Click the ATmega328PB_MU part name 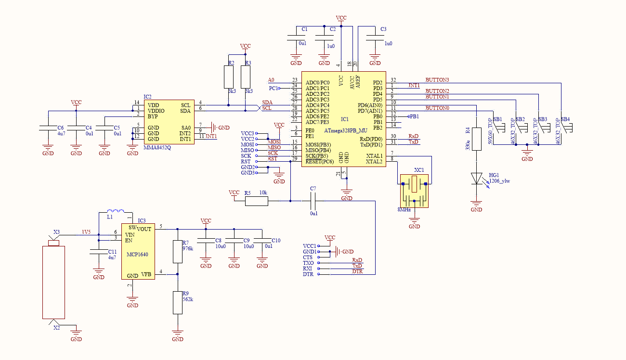(x=346, y=130)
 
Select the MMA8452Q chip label (x=157, y=148)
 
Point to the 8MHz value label (x=404, y=210)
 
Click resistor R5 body (x=257, y=201)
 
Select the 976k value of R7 (x=188, y=248)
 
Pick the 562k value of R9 (x=188, y=299)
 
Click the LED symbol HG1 (x=476, y=179)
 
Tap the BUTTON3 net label (x=437, y=80)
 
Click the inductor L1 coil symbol (x=116, y=211)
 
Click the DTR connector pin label (x=308, y=274)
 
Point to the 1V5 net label (x=86, y=232)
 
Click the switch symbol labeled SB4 (x=567, y=128)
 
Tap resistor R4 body (x=476, y=139)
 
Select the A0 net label (x=271, y=80)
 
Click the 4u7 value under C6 (x=61, y=133)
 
